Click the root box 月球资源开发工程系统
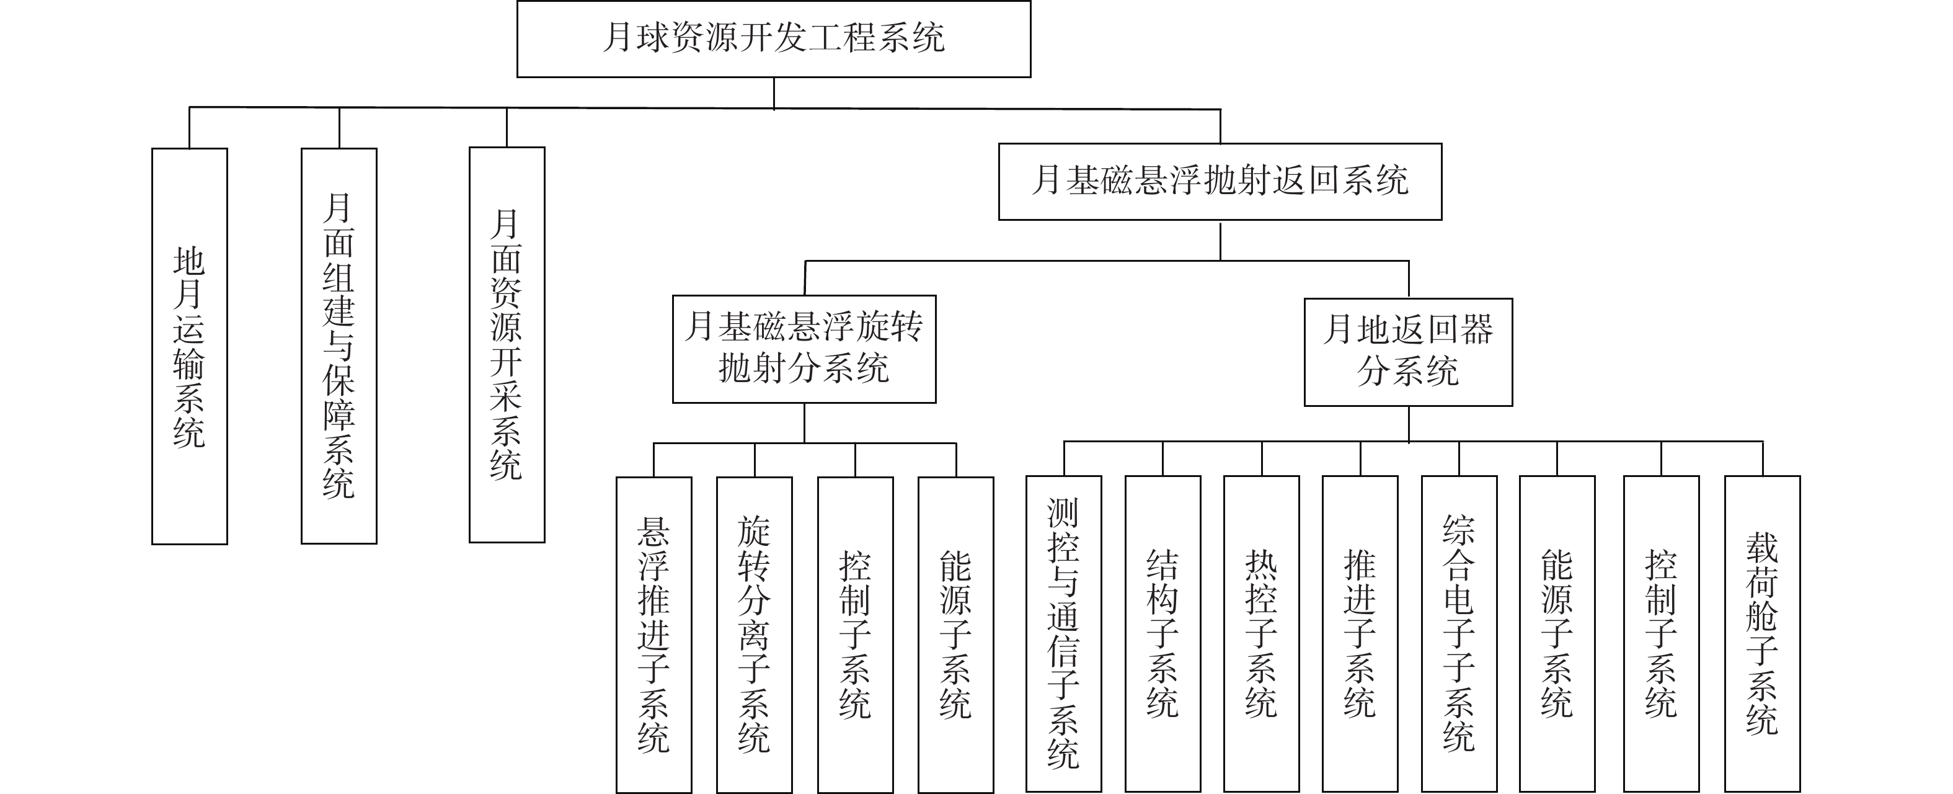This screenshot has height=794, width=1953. point(773,38)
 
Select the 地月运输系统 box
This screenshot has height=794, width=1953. point(190,346)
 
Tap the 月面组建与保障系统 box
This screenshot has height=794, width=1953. point(339,346)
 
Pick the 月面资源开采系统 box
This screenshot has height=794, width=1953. point(507,345)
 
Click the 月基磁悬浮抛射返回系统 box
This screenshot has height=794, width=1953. point(1220,182)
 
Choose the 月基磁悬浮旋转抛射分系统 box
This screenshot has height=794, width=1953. point(804,349)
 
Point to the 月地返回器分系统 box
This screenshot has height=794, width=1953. point(1409,352)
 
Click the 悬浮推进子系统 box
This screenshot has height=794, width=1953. point(654,635)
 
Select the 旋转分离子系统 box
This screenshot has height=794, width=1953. point(755,635)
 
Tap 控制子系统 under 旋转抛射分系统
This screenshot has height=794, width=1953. point(855,635)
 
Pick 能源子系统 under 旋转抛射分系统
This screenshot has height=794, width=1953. point(956,635)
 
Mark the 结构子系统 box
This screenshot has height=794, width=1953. point(1163,634)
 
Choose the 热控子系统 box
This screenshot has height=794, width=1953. point(1262,634)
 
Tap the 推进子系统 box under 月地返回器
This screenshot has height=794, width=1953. point(1360,634)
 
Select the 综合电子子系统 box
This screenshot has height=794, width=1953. point(1459,634)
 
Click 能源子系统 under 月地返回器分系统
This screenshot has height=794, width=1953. point(1557,634)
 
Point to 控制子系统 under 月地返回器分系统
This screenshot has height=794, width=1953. point(1661,634)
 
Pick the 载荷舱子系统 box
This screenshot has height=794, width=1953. point(1763,634)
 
